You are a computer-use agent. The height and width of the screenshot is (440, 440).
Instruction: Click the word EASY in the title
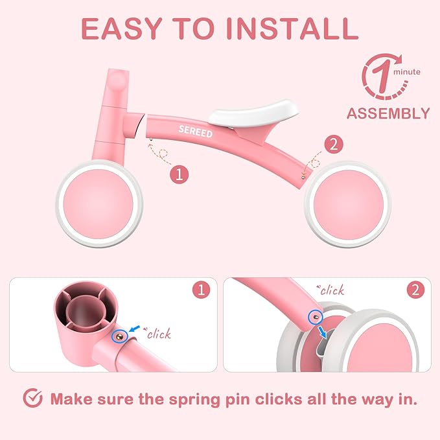(x=121, y=29)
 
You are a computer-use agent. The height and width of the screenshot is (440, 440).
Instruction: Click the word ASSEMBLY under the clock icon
(x=388, y=113)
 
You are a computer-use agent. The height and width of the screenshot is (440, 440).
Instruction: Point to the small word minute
(x=407, y=72)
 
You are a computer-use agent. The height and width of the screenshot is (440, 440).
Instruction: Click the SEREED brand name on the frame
(x=196, y=132)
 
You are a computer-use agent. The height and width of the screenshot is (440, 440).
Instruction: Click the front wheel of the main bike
(x=99, y=203)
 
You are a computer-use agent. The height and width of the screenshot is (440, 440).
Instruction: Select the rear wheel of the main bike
(x=348, y=204)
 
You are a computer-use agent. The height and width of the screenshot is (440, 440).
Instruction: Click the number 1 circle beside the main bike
(x=179, y=174)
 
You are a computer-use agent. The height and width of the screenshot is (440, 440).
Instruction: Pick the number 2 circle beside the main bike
(x=334, y=145)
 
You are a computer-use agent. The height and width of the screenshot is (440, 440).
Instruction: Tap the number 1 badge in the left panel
(x=201, y=290)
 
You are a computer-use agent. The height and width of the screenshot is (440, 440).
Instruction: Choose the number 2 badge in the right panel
(x=415, y=290)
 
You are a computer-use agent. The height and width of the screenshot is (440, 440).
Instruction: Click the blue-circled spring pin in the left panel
(x=120, y=336)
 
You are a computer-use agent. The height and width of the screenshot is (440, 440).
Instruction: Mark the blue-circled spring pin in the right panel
(x=316, y=317)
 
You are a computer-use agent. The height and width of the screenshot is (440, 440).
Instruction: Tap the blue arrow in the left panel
(x=135, y=329)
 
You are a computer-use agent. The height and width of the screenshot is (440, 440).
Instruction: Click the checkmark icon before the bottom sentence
(x=32, y=398)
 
